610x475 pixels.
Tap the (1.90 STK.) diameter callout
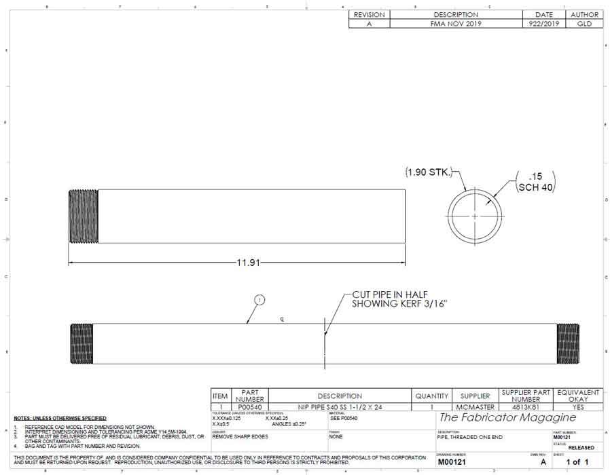coord(428,172)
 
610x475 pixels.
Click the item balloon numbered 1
coord(259,300)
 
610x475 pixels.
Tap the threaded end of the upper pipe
coord(84,216)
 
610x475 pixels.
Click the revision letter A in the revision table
coord(369,23)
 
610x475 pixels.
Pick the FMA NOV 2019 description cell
coord(456,23)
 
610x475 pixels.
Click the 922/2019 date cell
coord(543,23)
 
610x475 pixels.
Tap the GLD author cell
coord(584,23)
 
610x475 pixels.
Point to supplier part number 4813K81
coord(526,407)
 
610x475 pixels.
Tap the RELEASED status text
coord(581,448)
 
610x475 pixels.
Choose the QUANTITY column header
coord(432,396)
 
